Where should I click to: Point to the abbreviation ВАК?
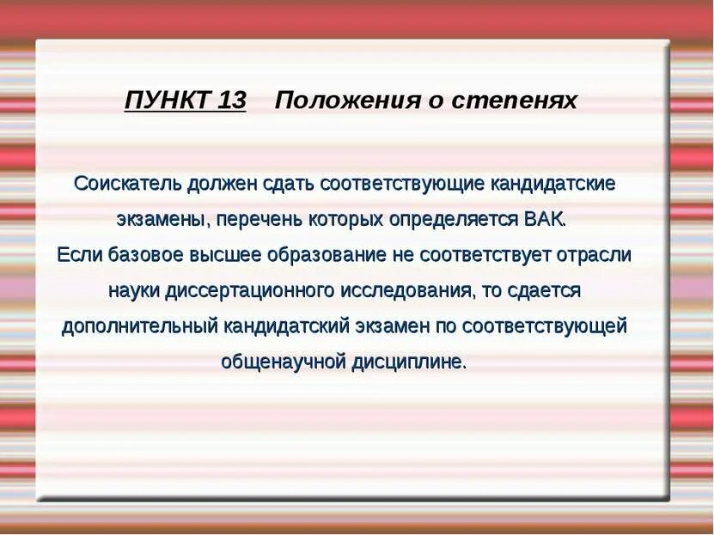point(545,218)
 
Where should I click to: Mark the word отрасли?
point(601,254)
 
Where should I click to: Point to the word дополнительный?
point(140,326)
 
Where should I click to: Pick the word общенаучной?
point(282,362)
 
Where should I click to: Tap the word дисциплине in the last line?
point(408,362)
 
